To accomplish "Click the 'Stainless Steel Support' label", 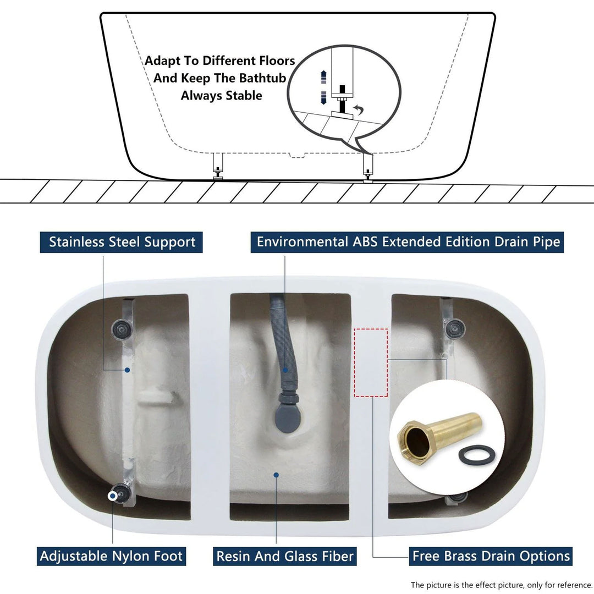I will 122,242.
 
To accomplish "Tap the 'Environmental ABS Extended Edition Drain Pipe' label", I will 408,242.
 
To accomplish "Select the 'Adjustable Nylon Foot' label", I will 111,555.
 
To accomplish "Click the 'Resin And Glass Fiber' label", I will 285,555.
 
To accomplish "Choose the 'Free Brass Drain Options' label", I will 491,555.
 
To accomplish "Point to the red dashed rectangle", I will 371,363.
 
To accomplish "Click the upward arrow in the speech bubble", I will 324,75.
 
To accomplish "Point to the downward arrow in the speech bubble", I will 324,96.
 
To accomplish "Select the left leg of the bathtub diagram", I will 218,165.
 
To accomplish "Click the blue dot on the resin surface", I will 276,475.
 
